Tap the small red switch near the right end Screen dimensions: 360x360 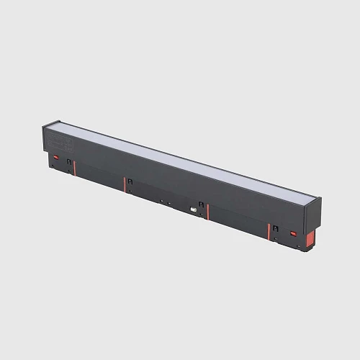coord(294,234)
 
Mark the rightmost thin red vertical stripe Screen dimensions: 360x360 coord(269,232)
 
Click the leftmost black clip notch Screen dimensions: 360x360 coord(69,162)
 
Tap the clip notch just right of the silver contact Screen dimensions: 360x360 coord(201,206)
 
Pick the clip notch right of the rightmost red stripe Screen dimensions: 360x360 coord(275,230)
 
